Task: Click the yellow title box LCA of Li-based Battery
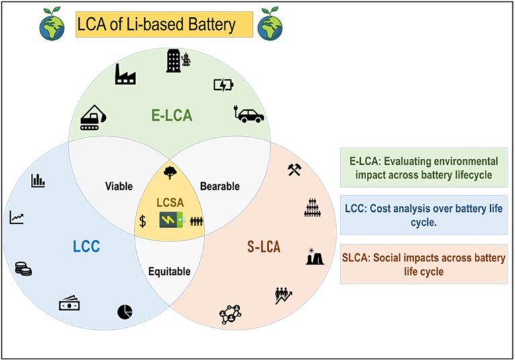(x=164, y=25)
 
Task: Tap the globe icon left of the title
(x=53, y=24)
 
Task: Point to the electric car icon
(x=249, y=115)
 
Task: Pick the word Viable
(x=120, y=186)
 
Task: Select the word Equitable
(x=170, y=272)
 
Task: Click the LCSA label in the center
(x=170, y=203)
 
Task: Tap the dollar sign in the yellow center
(x=143, y=221)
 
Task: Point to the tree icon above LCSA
(x=170, y=174)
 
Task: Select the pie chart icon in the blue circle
(x=125, y=311)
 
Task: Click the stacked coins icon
(x=23, y=269)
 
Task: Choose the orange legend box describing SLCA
(x=423, y=264)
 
